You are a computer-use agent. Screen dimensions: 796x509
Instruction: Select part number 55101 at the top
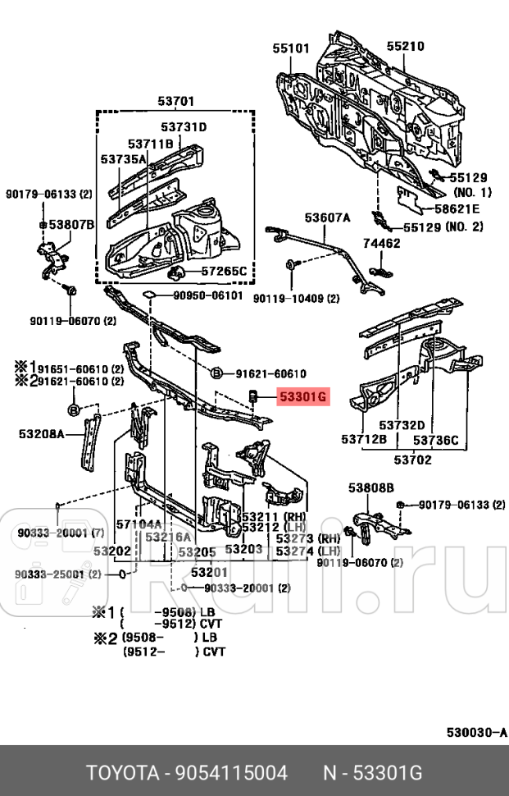291,48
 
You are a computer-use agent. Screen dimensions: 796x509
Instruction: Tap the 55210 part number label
405,47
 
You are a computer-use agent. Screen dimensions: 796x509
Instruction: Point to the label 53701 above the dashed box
176,102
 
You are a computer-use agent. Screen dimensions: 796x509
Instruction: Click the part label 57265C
223,271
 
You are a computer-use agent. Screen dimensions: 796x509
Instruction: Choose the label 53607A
327,217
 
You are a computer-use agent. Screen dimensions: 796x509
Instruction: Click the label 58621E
457,209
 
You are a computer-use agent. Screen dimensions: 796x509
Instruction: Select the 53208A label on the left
41,432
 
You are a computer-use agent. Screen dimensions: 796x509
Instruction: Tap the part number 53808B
370,488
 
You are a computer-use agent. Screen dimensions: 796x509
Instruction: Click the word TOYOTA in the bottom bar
122,773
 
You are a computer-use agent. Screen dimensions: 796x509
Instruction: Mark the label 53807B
71,224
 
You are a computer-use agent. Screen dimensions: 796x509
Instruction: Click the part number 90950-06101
207,295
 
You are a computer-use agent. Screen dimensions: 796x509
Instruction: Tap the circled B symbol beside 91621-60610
216,373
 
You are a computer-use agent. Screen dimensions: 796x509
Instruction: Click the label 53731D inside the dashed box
184,126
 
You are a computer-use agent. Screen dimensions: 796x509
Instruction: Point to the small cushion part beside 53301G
253,398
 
